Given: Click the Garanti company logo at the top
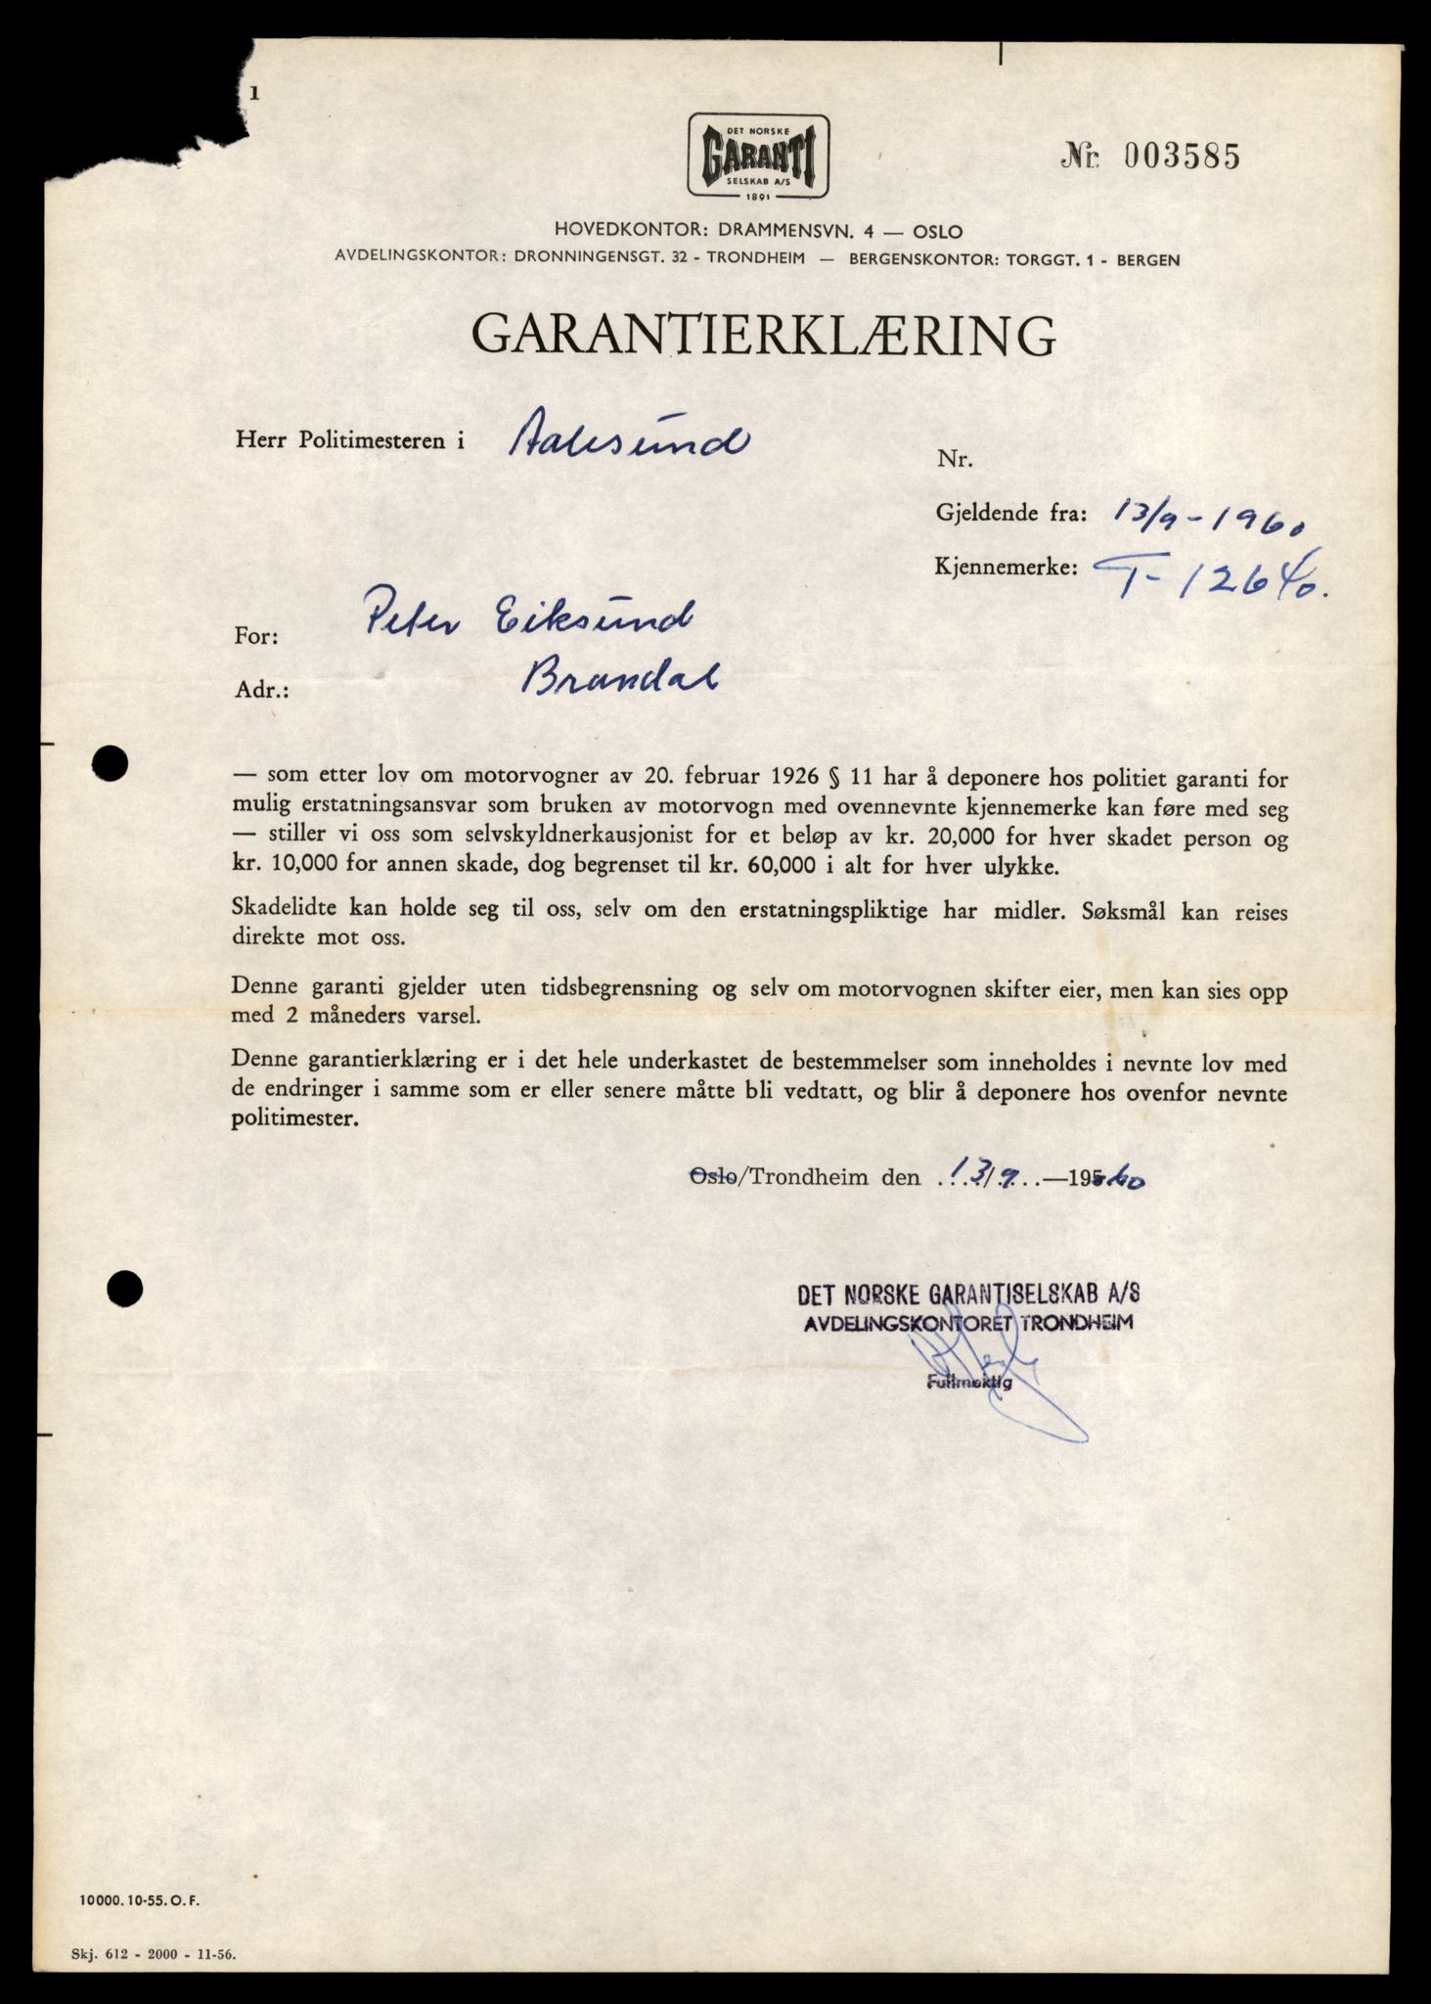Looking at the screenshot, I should [758, 158].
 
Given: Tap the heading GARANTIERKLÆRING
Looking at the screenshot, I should [763, 335].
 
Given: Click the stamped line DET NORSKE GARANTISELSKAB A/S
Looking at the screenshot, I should [968, 1295].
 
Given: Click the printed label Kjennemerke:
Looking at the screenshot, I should [1007, 567].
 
